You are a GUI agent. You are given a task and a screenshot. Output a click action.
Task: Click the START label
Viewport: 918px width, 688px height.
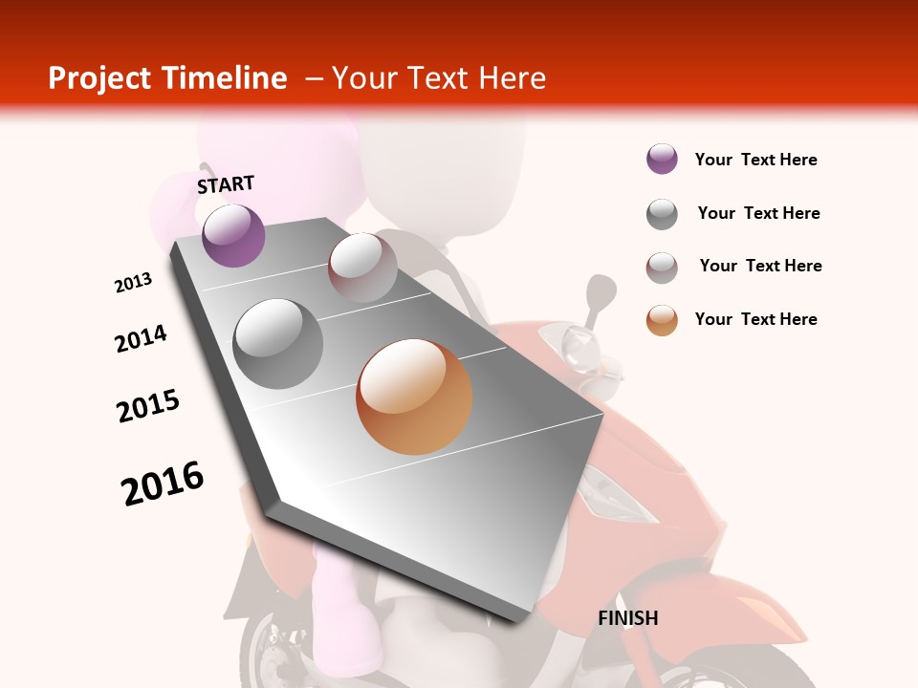[x=226, y=184]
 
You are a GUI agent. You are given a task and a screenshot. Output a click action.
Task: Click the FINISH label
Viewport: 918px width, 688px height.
[x=627, y=618]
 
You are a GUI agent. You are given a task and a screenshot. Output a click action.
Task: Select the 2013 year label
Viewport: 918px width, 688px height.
[x=133, y=283]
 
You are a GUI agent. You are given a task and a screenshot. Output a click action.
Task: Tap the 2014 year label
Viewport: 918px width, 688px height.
[x=141, y=339]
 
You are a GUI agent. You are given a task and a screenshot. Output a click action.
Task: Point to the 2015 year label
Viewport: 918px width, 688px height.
[x=148, y=406]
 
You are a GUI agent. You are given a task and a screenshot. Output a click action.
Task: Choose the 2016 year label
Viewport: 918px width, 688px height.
[x=163, y=484]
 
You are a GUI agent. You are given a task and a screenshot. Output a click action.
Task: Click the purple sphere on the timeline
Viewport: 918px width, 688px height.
[x=233, y=235]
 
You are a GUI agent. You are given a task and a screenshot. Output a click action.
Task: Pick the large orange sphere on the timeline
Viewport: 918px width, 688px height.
[x=414, y=397]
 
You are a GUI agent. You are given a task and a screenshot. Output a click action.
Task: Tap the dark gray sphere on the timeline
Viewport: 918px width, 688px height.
[x=278, y=343]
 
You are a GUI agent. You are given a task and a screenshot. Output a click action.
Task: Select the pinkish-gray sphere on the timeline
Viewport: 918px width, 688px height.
[x=362, y=268]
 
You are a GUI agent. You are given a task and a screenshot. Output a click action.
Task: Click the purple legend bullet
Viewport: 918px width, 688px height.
[x=662, y=160]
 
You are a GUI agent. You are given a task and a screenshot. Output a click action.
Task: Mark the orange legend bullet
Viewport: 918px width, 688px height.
[x=662, y=320]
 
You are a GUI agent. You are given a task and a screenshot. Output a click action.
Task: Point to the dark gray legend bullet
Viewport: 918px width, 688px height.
[x=662, y=214]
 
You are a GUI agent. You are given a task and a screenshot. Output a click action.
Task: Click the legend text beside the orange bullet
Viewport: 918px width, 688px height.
[x=755, y=319]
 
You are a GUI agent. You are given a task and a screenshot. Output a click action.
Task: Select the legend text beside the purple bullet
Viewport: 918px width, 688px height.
[x=755, y=160]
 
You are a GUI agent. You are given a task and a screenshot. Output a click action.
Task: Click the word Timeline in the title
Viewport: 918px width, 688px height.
[x=225, y=78]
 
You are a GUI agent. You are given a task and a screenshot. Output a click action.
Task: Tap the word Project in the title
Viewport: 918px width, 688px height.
[x=99, y=78]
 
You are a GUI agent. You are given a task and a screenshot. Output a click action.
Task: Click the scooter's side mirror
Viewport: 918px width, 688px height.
[x=601, y=290]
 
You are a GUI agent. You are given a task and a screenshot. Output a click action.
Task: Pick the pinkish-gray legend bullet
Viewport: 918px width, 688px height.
[x=662, y=268]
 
